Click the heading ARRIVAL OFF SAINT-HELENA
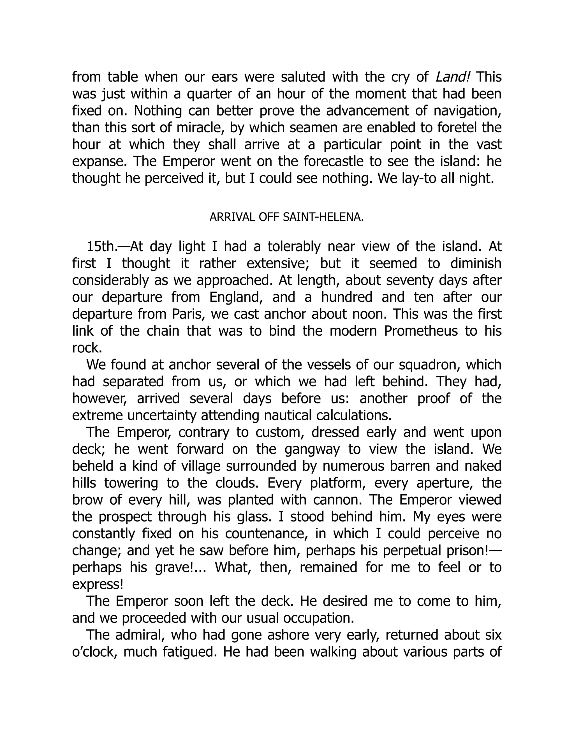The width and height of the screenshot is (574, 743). [x=287, y=217]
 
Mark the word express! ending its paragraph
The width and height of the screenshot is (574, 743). [x=98, y=585]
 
